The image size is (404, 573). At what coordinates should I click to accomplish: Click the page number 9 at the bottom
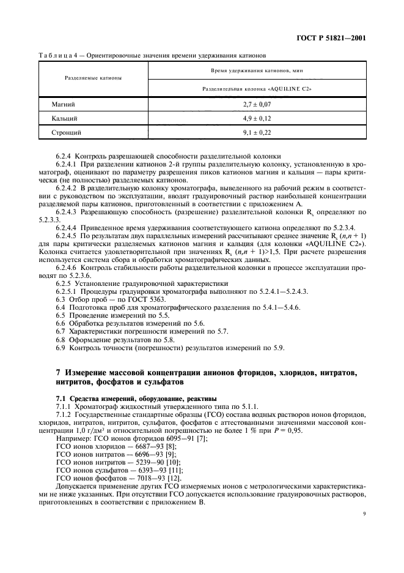tap(364, 522)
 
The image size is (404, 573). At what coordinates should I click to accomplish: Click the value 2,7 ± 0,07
tap(257, 105)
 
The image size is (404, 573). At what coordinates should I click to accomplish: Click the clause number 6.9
tap(60, 348)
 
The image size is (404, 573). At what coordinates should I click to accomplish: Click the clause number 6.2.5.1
tap(68, 292)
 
